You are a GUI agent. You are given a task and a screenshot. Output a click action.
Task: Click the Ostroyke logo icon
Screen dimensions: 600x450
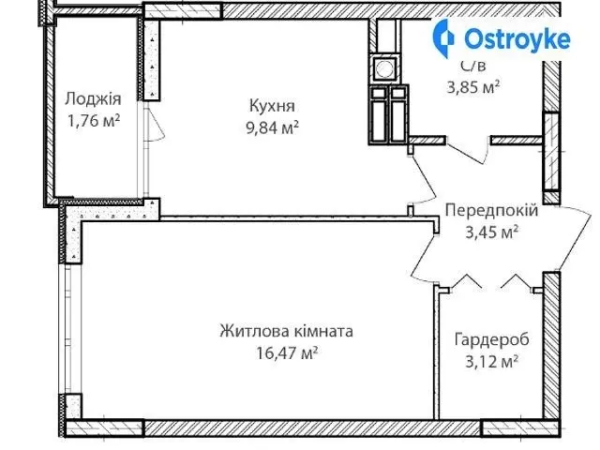[443, 38]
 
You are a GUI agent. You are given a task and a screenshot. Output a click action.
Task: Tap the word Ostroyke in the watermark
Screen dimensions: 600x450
[517, 39]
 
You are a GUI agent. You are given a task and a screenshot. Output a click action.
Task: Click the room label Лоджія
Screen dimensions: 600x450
[93, 99]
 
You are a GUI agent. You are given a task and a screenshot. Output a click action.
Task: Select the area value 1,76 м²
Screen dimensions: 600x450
[94, 121]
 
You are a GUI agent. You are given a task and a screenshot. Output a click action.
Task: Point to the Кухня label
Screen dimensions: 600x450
[272, 106]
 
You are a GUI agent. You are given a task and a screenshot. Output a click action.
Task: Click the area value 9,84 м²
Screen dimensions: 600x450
[272, 127]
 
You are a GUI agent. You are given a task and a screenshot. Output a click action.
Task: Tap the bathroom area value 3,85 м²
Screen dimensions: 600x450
[473, 87]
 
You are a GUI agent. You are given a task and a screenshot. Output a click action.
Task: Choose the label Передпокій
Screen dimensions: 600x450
[491, 210]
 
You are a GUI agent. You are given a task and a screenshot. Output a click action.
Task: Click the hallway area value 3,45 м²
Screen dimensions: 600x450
[492, 232]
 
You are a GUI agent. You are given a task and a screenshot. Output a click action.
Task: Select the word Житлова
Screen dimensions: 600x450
[254, 331]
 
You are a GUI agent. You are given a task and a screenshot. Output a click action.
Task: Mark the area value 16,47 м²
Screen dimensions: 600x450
[287, 352]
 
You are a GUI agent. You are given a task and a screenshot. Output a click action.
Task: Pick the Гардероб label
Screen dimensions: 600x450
[491, 339]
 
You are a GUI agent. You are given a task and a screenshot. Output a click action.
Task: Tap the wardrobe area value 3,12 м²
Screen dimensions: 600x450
[492, 361]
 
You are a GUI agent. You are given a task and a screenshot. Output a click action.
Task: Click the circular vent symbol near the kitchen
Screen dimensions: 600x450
[384, 68]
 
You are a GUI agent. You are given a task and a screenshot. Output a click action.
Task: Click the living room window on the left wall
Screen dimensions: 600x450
[68, 328]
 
